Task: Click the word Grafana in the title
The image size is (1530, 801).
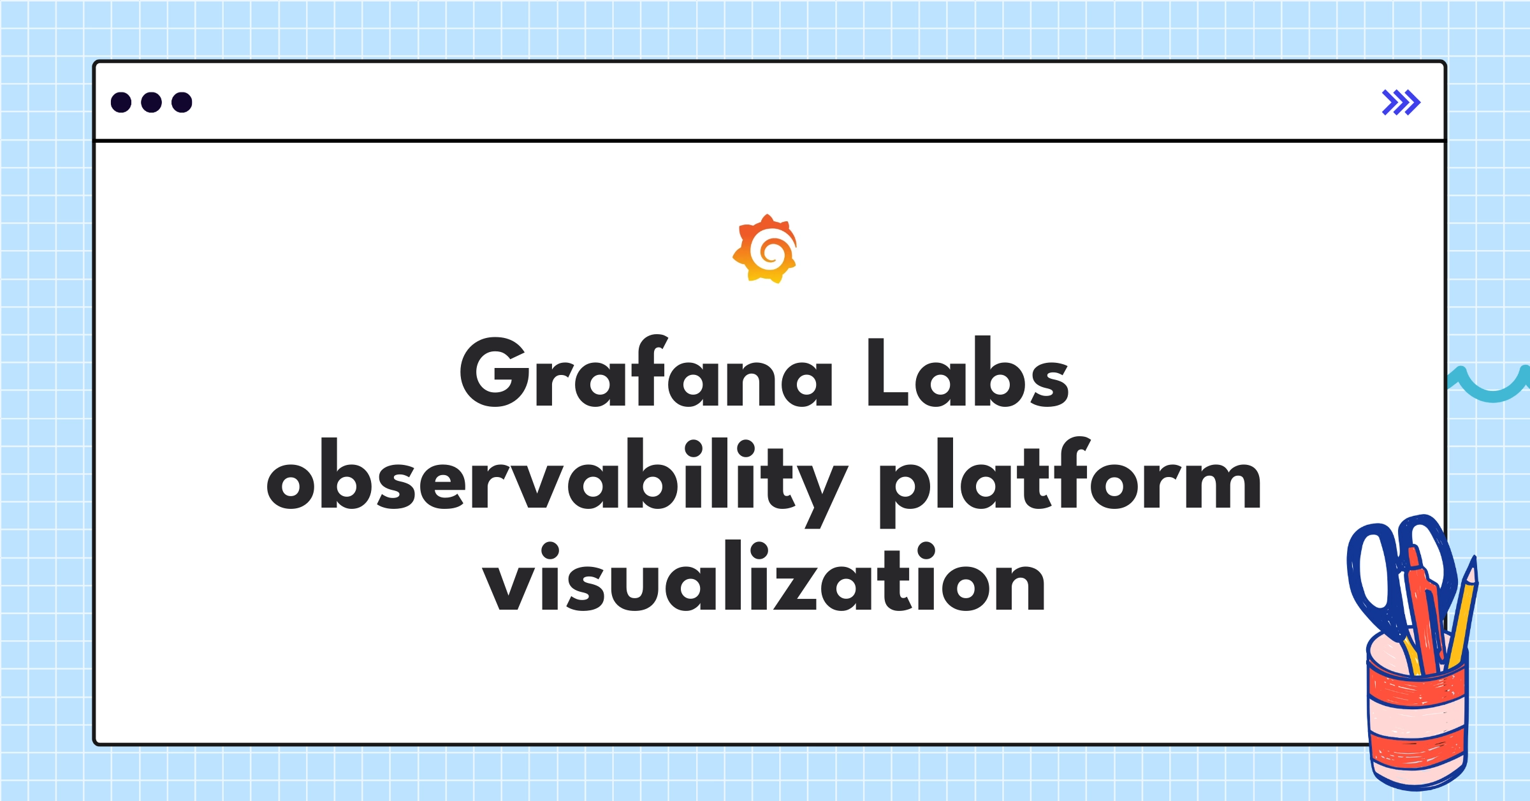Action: tap(645, 373)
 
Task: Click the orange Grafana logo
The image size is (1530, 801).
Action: tap(765, 249)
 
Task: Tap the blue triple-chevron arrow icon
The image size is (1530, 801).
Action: tap(1401, 102)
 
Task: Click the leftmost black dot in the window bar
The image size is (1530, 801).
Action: tap(121, 102)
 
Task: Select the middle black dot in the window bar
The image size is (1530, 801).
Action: tap(151, 102)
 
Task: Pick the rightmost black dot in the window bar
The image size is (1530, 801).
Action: tap(182, 102)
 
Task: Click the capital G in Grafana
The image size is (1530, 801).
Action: tap(492, 373)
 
